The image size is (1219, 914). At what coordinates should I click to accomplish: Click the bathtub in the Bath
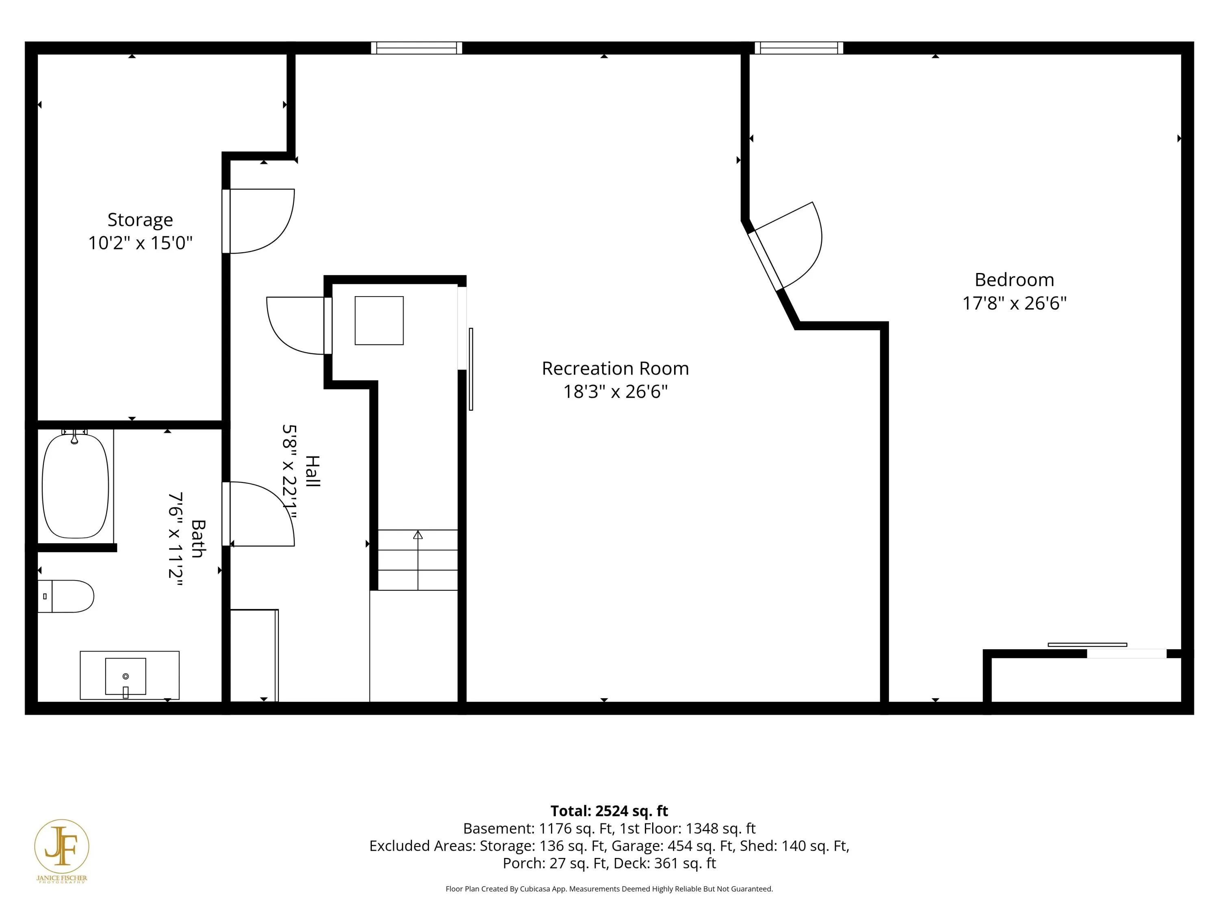76,486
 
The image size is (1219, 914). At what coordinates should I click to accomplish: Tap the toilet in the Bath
65,596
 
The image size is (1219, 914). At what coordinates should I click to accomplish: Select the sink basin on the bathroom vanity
126,676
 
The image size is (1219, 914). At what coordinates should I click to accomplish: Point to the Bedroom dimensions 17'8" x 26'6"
1015,303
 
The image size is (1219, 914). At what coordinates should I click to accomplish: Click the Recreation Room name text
616,368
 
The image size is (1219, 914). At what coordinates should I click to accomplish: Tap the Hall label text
312,471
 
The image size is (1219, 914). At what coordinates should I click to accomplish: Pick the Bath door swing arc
261,513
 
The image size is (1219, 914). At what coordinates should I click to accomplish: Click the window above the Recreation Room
416,48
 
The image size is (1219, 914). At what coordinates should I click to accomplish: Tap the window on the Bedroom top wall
798,48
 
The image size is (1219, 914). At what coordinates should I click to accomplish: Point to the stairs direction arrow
418,560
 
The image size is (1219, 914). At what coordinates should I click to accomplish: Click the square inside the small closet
379,321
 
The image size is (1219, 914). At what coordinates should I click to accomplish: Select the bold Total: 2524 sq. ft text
609,811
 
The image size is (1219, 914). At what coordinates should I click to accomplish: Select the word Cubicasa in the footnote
535,889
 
